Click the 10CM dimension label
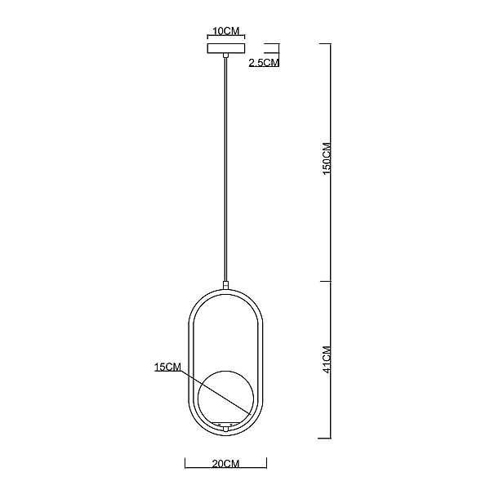tap(226, 31)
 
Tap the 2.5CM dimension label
tap(264, 63)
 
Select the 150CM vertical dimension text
tap(327, 158)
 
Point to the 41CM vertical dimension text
tap(327, 359)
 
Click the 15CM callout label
tap(167, 367)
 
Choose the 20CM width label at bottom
tap(225, 464)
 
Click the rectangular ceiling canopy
tap(226, 48)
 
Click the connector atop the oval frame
tap(225, 285)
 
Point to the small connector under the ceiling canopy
tap(225, 56)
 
